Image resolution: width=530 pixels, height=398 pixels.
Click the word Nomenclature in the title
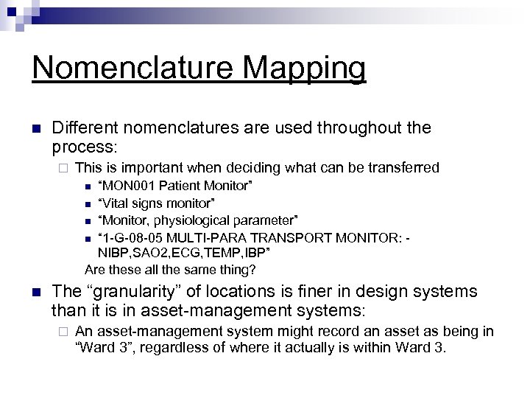click(x=130, y=68)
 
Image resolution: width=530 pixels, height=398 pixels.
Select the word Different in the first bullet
click(x=85, y=128)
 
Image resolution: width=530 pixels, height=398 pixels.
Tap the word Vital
click(x=116, y=203)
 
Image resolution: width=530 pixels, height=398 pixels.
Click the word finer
click(x=311, y=292)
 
